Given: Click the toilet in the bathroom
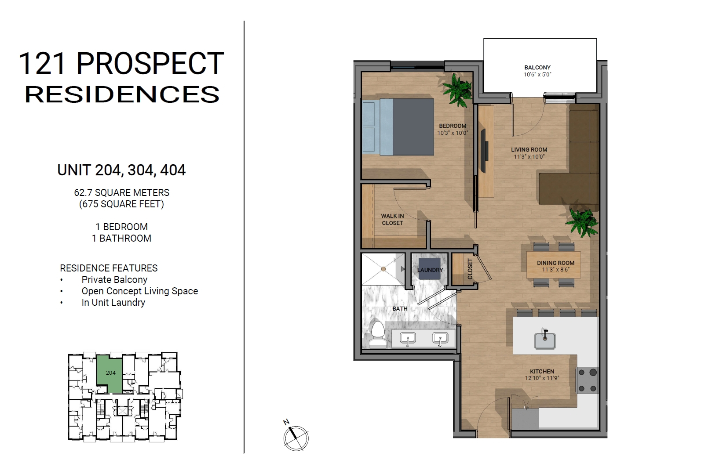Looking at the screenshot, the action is click(378, 335).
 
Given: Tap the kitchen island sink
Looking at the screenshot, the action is click(545, 340).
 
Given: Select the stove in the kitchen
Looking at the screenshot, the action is click(588, 380).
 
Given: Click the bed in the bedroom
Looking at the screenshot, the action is click(398, 127).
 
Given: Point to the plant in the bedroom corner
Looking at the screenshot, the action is click(457, 90).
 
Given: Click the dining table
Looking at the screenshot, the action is click(554, 265).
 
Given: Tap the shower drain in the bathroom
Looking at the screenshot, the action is click(383, 269).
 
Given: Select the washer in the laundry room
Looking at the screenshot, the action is click(429, 268).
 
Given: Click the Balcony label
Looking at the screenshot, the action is click(537, 67).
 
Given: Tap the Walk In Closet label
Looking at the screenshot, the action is click(393, 219).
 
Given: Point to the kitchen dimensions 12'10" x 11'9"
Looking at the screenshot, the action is click(542, 378).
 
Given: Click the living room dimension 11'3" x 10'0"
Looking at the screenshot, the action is click(529, 156).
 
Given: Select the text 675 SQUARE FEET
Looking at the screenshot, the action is click(121, 204).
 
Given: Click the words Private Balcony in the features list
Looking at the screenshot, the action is click(114, 280).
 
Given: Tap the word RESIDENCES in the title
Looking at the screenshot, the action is click(122, 94).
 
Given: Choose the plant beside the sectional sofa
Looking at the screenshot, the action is click(582, 223).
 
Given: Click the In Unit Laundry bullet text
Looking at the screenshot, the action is click(113, 303).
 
